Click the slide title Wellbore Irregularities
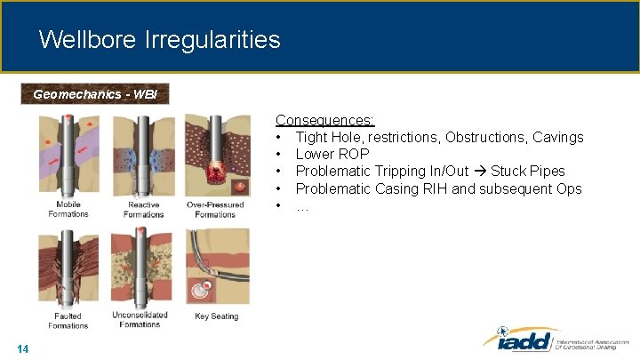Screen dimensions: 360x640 click(159, 40)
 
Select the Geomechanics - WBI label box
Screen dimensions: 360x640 click(94, 93)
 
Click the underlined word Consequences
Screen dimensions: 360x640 click(324, 120)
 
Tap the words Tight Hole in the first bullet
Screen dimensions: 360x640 click(329, 137)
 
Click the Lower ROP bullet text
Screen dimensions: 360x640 click(332, 154)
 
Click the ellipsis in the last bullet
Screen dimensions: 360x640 click(302, 206)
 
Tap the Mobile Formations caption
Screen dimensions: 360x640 click(68, 210)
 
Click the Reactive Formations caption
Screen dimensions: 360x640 click(143, 210)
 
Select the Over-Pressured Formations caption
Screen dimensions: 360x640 click(215, 210)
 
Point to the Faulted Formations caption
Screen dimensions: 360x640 click(68, 321)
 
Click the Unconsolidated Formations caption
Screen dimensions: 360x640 click(140, 320)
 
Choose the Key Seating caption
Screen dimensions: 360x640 click(216, 316)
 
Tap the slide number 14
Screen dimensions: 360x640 click(23, 349)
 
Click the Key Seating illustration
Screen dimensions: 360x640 click(217, 267)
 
